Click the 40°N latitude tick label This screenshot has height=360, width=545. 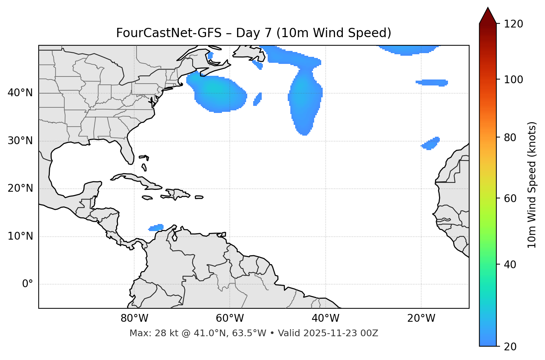tap(20, 93)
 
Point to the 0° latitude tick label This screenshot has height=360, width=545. tap(28, 284)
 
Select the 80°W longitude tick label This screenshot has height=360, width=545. tap(134, 318)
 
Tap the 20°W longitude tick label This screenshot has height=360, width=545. tap(421, 318)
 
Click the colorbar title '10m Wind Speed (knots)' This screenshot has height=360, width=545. tap(532, 185)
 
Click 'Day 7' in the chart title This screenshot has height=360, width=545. tap(254, 33)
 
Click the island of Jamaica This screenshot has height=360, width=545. tap(147, 198)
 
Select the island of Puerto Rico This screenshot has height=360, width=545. tap(199, 197)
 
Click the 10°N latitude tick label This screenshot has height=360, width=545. tap(20, 236)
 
